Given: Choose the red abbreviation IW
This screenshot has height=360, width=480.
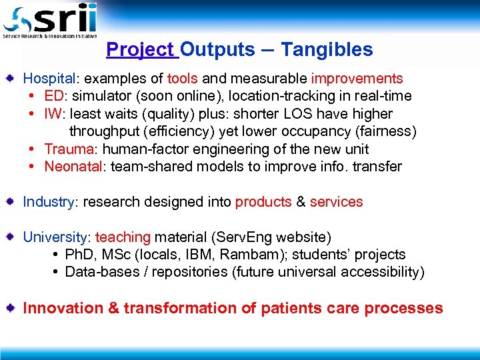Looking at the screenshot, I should point(53,114).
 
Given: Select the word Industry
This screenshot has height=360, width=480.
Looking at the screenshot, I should point(49,201).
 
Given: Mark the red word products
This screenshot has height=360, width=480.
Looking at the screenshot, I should point(263,201).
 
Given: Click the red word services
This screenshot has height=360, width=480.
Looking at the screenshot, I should point(336,201).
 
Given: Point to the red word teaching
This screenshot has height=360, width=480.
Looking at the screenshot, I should point(123,237).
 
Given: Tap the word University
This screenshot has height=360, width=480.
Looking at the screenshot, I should point(55,237).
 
